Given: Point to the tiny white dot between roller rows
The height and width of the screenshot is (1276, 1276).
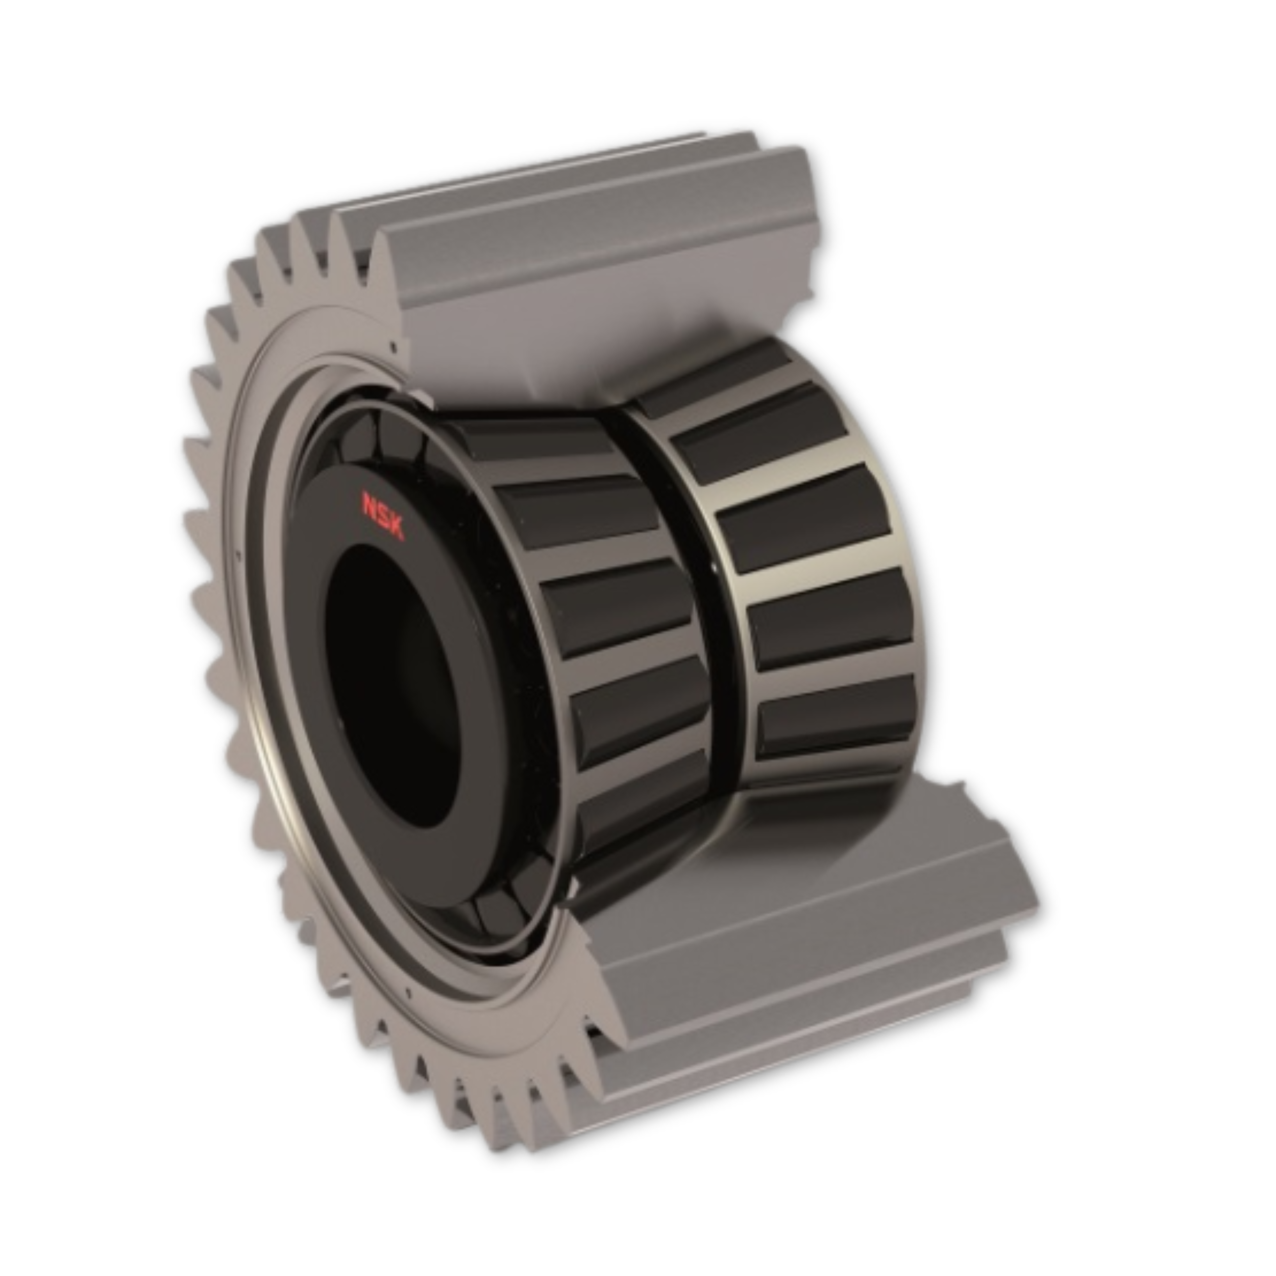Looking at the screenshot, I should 714,567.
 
